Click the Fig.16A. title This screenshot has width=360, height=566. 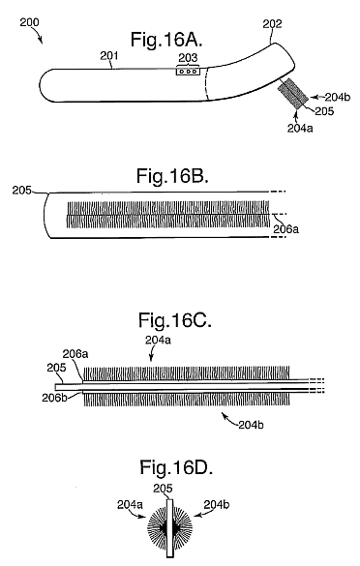point(166,40)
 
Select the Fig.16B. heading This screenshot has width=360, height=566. point(172,176)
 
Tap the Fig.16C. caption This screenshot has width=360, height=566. point(174,320)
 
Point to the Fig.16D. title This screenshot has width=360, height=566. point(176,467)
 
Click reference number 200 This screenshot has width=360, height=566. point(29,22)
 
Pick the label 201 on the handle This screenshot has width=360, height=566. point(108,55)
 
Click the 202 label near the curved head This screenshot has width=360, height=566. point(272,24)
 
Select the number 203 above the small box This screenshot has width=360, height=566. point(188,57)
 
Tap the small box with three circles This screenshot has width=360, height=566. point(188,72)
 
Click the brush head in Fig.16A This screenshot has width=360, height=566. point(293,94)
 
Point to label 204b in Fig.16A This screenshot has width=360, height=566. point(337,97)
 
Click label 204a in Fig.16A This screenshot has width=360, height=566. point(300,128)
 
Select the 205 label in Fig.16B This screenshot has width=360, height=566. point(21,191)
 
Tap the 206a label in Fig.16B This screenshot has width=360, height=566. point(285,229)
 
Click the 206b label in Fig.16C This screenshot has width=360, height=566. point(54,398)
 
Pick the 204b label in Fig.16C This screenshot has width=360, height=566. point(251,425)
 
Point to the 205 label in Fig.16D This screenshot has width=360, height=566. point(163,489)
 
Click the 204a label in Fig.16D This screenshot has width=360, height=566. point(130,504)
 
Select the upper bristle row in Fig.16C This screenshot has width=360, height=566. point(187,372)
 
